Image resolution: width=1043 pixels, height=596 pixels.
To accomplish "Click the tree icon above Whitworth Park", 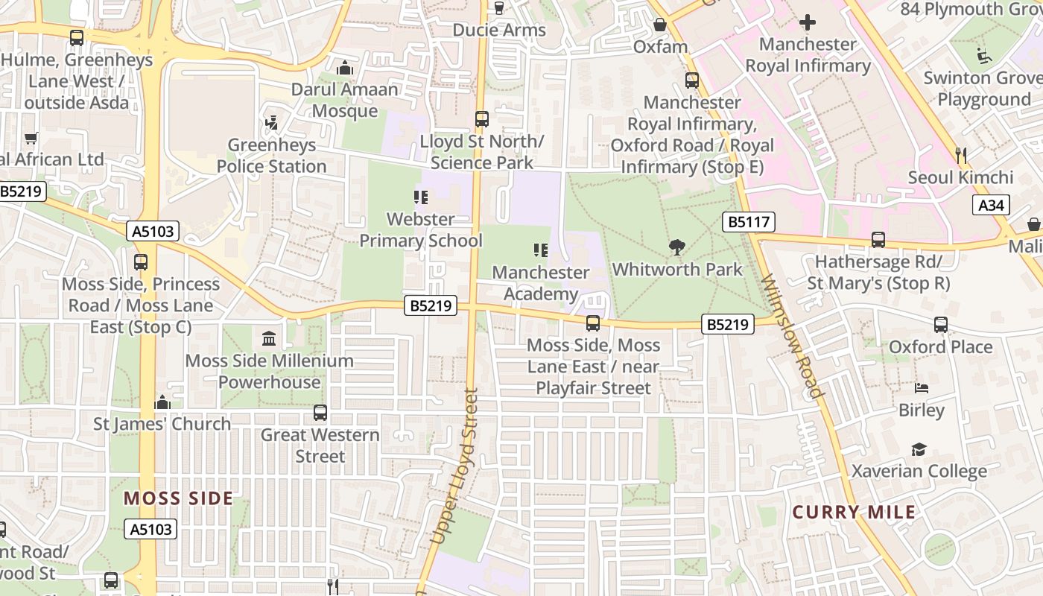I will coord(677,247).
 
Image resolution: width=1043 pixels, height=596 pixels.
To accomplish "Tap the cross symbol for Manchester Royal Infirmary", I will coord(808,22).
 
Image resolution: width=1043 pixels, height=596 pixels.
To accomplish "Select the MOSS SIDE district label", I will coord(178,498).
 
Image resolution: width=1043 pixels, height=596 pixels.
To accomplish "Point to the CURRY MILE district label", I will coord(854,512).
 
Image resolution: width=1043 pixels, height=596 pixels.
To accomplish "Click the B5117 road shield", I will coord(749,221).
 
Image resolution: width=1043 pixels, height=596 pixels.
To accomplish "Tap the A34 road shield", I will coord(991,205).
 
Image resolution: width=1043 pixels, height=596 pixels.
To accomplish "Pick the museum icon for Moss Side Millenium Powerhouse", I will coord(269,339).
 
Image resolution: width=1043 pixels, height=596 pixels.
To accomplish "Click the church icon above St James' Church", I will coord(162,403).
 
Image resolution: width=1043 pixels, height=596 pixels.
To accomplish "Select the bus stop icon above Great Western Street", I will coord(320,413).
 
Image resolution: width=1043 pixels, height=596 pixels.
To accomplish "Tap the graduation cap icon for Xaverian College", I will coord(919,449).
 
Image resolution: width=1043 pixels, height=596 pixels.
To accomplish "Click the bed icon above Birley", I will coord(922,388).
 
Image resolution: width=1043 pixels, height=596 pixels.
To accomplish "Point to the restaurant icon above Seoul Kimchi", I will coord(961,156).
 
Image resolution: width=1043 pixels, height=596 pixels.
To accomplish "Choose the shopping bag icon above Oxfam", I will coord(660,25).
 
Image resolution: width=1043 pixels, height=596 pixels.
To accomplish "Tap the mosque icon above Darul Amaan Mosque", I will coord(344,68).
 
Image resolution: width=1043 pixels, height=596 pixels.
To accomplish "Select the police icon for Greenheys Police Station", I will coord(272,123).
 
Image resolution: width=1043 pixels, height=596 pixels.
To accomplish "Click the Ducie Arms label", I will coord(499,30).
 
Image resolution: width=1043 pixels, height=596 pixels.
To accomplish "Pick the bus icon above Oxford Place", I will coord(941,325).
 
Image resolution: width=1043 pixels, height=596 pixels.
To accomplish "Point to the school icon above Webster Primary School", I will coord(421,197).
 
